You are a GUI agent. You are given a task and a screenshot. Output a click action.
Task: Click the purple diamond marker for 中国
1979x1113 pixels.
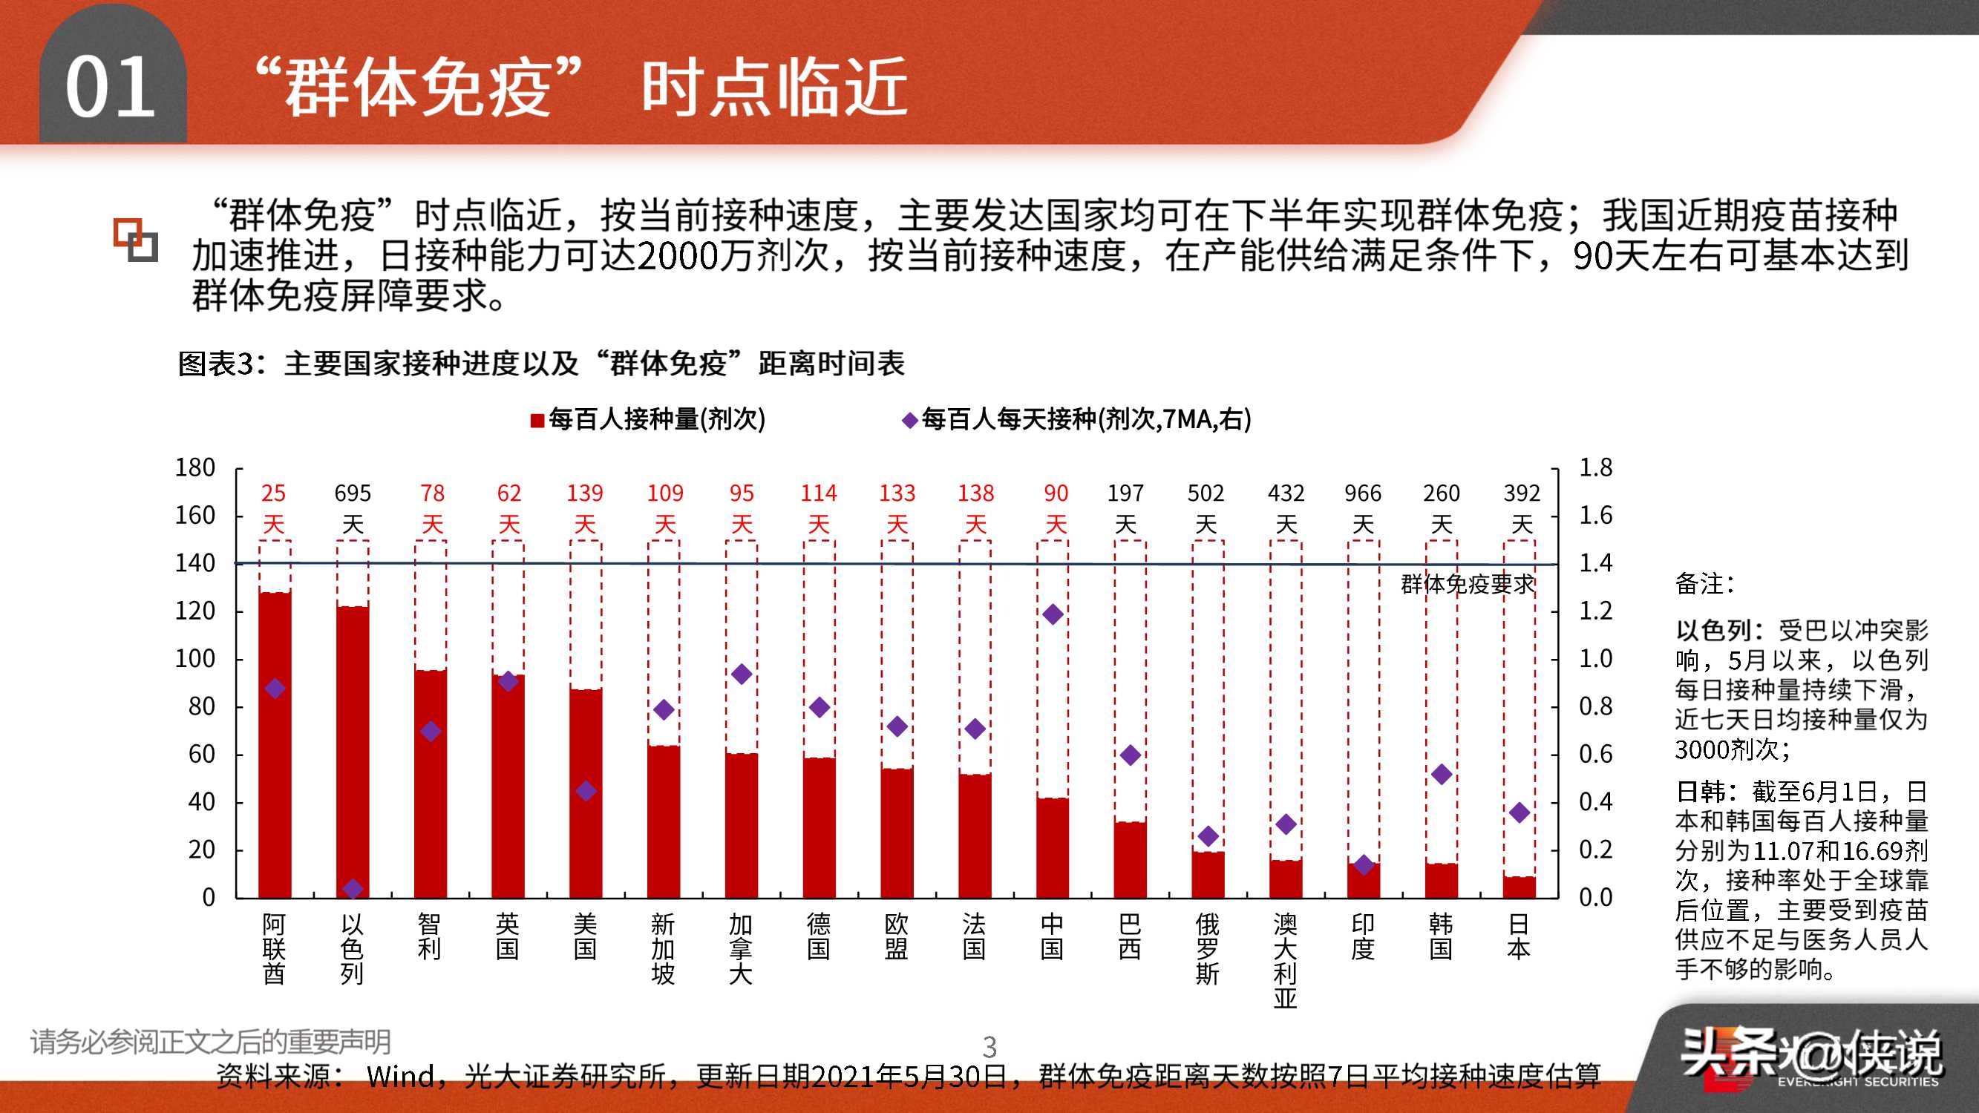pyautogui.click(x=1053, y=614)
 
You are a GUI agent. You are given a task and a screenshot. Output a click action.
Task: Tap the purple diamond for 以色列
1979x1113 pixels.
pyautogui.click(x=353, y=889)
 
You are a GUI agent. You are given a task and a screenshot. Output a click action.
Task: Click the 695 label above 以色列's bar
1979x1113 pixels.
pyautogui.click(x=353, y=493)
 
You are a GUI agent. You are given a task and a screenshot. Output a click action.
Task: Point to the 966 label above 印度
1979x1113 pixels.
pyautogui.click(x=1363, y=493)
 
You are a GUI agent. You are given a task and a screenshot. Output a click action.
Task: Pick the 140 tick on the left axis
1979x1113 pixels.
pyautogui.click(x=195, y=564)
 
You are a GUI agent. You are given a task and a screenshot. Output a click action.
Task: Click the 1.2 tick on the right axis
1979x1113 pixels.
pyautogui.click(x=1595, y=611)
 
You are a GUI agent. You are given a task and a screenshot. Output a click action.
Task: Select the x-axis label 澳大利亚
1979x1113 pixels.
pyautogui.click(x=1284, y=960)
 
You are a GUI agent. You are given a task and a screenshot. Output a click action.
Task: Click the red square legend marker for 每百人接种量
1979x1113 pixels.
pyautogui.click(x=537, y=420)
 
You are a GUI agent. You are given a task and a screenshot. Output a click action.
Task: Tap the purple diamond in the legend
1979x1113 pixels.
pyautogui.click(x=909, y=420)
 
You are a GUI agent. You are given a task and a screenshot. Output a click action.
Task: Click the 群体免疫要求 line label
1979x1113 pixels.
pyautogui.click(x=1468, y=585)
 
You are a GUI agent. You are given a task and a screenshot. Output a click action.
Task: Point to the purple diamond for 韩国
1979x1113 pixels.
pyautogui.click(x=1442, y=774)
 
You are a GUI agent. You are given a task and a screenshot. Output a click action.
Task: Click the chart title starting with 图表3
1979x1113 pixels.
pyautogui.click(x=541, y=364)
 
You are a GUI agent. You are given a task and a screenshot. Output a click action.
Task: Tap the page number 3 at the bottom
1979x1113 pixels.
pyautogui.click(x=989, y=1046)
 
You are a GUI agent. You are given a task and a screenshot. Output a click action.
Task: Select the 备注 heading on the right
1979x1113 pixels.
pyautogui.click(x=1704, y=584)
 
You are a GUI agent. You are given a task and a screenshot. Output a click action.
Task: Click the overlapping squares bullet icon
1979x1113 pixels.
pyautogui.click(x=135, y=240)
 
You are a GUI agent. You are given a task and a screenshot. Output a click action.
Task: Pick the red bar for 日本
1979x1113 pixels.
pyautogui.click(x=1519, y=887)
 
